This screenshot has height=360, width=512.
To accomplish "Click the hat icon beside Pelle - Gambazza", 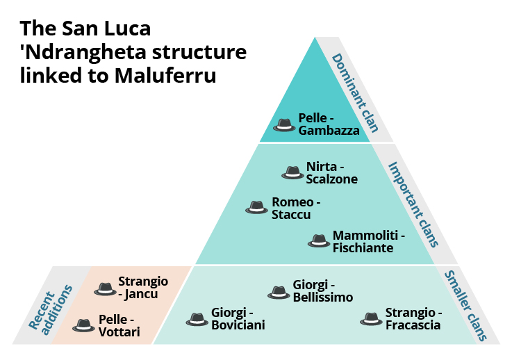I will coord(284,124).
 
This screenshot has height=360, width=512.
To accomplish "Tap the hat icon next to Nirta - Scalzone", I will coord(292,172).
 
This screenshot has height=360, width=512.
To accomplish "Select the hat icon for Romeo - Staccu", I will coord(257,207).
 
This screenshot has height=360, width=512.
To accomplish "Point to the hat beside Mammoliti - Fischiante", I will coord(319,240).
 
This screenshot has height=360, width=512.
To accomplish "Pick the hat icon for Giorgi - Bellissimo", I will coord(279,291).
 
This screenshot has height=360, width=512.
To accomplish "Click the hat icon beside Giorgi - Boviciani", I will coord(197,319).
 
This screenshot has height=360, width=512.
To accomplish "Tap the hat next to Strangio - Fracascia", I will coord(372,319).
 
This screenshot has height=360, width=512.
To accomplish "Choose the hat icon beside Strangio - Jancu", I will coord(105,288).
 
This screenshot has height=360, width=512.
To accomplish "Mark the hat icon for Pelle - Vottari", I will coord(85,325).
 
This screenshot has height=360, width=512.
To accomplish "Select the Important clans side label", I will coord(413,204).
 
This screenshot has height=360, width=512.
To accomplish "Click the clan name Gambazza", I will coord(329,131).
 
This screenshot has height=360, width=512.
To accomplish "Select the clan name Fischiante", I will coord(363,247).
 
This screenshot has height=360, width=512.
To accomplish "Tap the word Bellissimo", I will coord(323,297).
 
